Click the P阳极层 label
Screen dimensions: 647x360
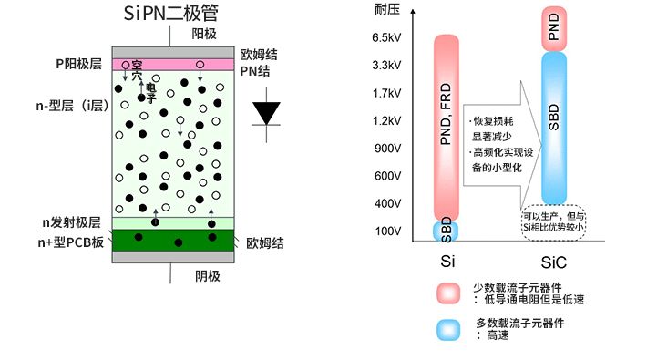[79, 65]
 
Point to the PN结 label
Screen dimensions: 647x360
[259, 71]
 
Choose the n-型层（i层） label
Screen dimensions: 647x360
[75, 106]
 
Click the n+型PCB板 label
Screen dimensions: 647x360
[77, 242]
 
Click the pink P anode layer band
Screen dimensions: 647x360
[174, 65]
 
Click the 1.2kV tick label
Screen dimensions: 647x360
[387, 120]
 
